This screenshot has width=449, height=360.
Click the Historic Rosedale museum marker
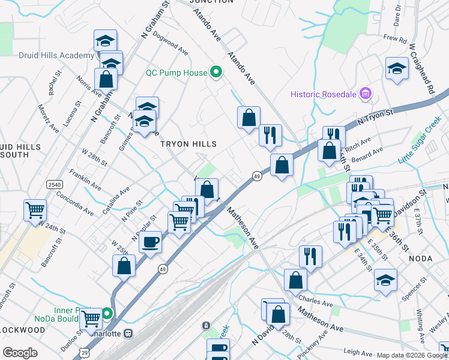tap(364, 94)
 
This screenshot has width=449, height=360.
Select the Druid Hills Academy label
tap(48, 55)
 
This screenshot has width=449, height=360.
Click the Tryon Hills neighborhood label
tap(187, 144)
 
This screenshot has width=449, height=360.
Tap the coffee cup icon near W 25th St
tap(150, 242)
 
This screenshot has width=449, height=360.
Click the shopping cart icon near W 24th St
tap(35, 211)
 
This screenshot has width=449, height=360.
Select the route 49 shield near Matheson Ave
tap(256, 176)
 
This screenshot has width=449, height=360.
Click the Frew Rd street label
tap(395, 38)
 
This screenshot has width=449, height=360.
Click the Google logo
tap(20, 352)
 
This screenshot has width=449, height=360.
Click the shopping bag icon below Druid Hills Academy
tap(106, 79)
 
